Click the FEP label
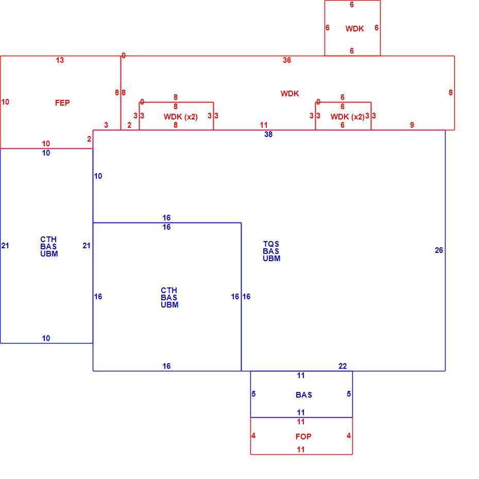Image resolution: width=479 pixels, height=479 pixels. click(62, 103)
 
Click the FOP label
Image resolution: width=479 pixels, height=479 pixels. click(303, 437)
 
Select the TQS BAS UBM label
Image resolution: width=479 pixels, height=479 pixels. click(271, 251)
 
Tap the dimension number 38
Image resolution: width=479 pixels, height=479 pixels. click(268, 134)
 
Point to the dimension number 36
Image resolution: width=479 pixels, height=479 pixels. click(286, 60)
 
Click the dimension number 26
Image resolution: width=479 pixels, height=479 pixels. click(439, 250)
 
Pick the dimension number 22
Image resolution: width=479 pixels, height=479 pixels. click(343, 366)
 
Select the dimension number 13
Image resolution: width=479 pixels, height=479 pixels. click(60, 60)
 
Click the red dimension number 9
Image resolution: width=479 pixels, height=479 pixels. click(412, 125)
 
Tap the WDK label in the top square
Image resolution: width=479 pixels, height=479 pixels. click(354, 29)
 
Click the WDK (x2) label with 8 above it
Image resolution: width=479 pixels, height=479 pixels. click(181, 117)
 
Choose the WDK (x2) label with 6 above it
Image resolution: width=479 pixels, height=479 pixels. click(347, 117)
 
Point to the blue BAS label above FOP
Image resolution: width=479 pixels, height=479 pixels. click(304, 395)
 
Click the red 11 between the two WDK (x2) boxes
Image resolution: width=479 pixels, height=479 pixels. click(264, 125)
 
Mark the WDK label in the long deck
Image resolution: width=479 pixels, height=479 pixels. click(289, 93)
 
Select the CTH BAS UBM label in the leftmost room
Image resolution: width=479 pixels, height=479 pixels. click(49, 247)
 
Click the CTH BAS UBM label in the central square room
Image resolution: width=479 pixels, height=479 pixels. click(169, 298)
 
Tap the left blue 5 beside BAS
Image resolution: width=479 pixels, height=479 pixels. click(253, 394)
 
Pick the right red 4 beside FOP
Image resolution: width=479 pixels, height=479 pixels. click(349, 436)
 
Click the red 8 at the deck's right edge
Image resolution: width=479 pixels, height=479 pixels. click(451, 93)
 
